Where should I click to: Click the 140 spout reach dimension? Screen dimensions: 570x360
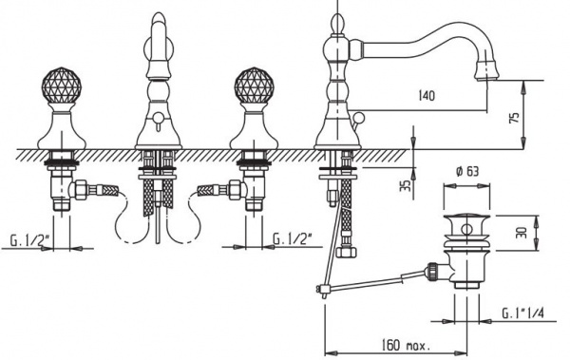427,96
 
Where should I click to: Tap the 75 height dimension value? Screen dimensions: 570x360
515,118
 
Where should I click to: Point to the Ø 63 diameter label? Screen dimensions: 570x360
466,172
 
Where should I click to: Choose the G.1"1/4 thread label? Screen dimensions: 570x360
522,313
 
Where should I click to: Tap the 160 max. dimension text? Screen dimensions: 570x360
406,345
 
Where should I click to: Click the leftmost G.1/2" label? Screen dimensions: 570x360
29,240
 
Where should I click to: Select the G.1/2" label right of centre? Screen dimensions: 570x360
293,239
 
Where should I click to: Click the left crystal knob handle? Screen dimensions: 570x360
62,85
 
